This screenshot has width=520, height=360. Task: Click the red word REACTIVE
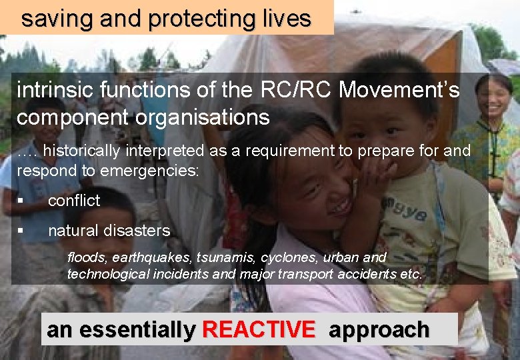coord(259,329)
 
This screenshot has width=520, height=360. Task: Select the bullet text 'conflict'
coord(73,200)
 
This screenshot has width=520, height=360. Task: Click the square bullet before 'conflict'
coord(21,201)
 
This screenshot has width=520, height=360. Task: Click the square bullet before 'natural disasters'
coord(21,231)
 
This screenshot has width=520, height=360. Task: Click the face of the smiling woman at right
coord(494,97)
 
